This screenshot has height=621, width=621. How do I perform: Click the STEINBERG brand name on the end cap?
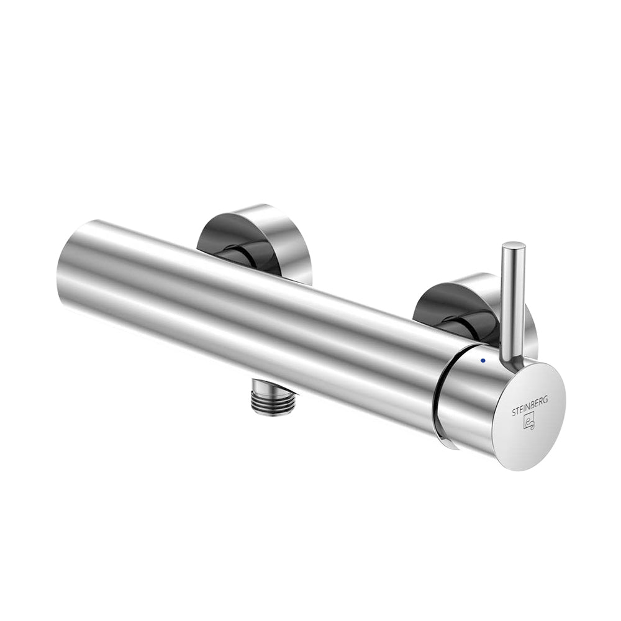530,406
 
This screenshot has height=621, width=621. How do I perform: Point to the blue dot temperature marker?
482,361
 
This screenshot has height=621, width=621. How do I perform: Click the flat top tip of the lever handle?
514,248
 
